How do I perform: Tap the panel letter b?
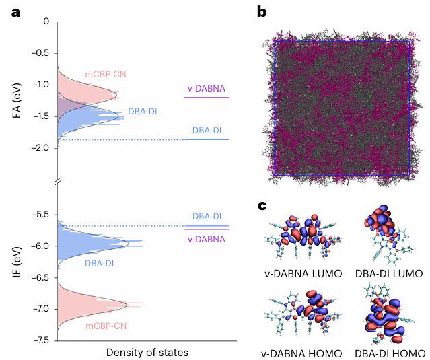pos(262,11)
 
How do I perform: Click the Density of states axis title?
pos(147,352)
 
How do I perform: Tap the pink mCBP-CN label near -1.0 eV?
pos(106,74)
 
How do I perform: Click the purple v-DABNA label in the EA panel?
pos(206,88)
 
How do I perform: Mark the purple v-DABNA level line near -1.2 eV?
pos(207,98)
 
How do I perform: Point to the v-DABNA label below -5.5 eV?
pos(206,239)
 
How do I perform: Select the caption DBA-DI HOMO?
pos(390,353)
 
